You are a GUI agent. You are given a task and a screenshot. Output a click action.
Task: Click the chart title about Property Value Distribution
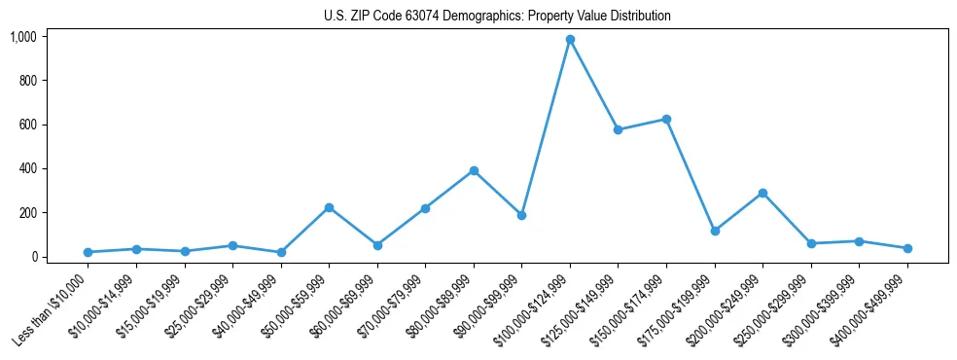point(497,17)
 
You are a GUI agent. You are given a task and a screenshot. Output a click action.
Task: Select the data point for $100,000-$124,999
point(570,40)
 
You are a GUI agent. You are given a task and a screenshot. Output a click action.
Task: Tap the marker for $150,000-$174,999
point(666,119)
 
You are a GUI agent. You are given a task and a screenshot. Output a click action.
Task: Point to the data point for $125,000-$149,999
point(618,129)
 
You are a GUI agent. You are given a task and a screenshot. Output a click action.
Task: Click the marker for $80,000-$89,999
point(474,170)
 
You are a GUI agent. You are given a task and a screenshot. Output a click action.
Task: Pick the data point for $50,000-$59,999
point(329,207)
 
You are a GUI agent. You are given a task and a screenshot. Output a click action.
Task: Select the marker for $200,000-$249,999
point(762,193)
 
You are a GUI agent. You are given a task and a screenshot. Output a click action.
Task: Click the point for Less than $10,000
point(88,252)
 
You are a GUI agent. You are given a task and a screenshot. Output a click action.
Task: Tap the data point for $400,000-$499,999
point(906,248)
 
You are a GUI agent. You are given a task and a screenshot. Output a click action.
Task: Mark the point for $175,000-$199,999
point(715,231)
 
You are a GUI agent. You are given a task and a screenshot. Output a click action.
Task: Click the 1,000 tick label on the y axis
point(23,37)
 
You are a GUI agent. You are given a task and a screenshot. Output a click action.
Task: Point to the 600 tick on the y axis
point(27,125)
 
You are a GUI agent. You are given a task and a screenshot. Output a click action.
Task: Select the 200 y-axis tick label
point(27,213)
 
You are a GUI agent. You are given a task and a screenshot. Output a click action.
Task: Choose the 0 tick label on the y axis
point(34,257)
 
